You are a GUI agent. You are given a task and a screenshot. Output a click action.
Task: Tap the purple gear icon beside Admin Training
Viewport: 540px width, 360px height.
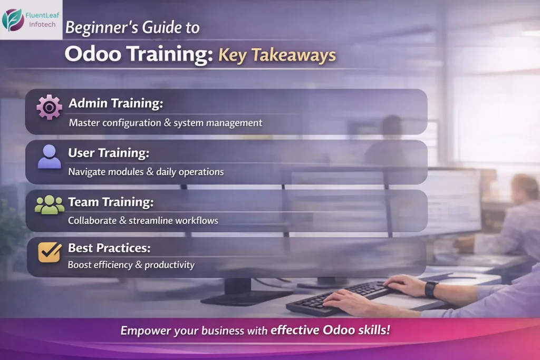pyautogui.click(x=49, y=108)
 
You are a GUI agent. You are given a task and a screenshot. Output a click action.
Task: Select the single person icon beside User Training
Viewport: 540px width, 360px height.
pyautogui.click(x=49, y=157)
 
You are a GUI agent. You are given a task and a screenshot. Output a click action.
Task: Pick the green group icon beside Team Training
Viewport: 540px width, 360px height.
pyautogui.click(x=49, y=205)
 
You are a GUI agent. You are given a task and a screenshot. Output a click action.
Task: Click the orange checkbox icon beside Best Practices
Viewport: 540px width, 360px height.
pyautogui.click(x=49, y=252)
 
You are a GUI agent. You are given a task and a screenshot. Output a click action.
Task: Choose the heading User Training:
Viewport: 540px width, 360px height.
pyautogui.click(x=109, y=153)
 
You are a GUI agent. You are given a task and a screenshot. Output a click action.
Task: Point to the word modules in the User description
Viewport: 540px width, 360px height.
pyautogui.click(x=125, y=172)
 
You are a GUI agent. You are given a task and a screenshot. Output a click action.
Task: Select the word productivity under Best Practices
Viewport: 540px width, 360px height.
pyautogui.click(x=169, y=265)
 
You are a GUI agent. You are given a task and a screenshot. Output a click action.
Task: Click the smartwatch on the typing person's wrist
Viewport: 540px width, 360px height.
pyautogui.click(x=431, y=289)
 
